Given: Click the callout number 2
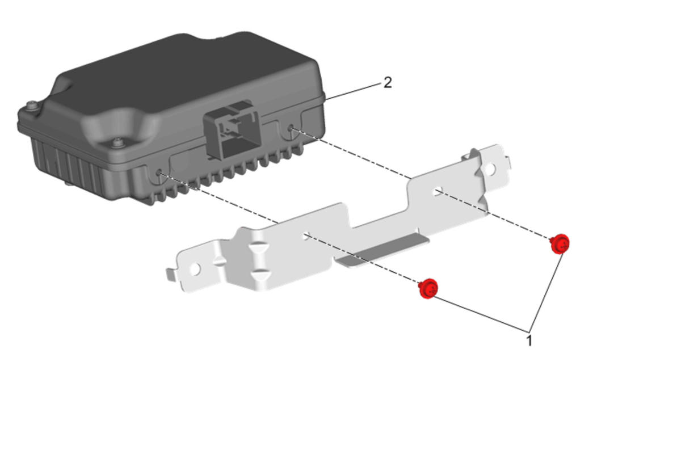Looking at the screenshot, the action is click(x=388, y=83).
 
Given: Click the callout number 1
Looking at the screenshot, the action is click(x=529, y=341).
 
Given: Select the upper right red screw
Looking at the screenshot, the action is click(x=560, y=243).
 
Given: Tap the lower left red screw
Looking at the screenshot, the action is click(x=428, y=288).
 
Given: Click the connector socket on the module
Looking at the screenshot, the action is click(x=232, y=131).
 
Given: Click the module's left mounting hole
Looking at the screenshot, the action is click(x=158, y=173).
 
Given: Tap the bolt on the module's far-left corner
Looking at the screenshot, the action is click(x=32, y=105).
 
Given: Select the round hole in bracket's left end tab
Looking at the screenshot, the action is click(x=195, y=268).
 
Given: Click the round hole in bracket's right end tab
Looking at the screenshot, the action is click(x=490, y=170).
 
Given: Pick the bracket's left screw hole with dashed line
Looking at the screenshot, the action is click(x=306, y=235).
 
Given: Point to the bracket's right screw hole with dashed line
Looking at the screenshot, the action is click(x=438, y=192).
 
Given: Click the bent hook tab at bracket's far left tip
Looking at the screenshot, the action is click(x=171, y=275).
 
